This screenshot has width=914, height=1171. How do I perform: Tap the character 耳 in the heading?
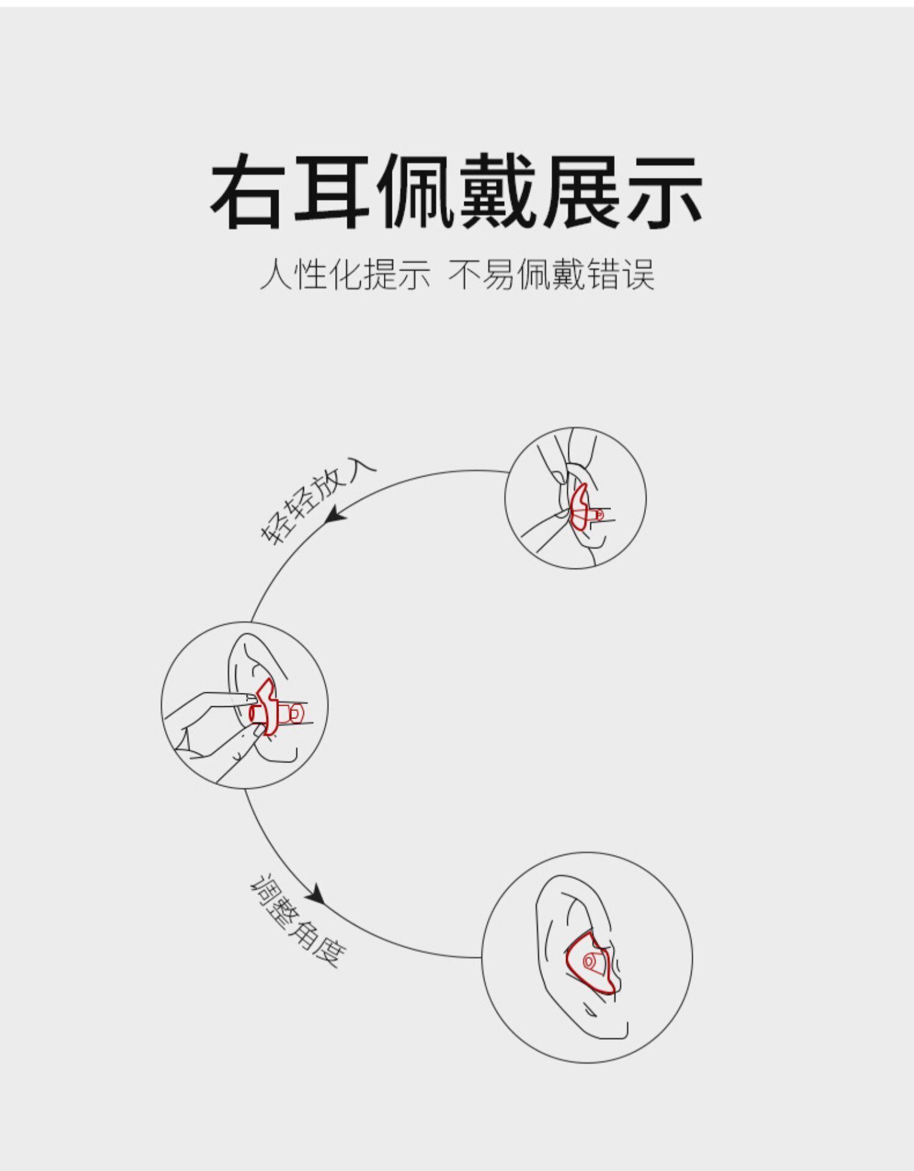333,191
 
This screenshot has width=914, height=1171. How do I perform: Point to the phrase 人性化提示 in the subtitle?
345,274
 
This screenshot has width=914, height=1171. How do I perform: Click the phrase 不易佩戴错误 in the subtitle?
551,274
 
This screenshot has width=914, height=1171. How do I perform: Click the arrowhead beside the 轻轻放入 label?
336,516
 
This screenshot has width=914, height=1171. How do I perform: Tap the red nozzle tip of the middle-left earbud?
297,712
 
